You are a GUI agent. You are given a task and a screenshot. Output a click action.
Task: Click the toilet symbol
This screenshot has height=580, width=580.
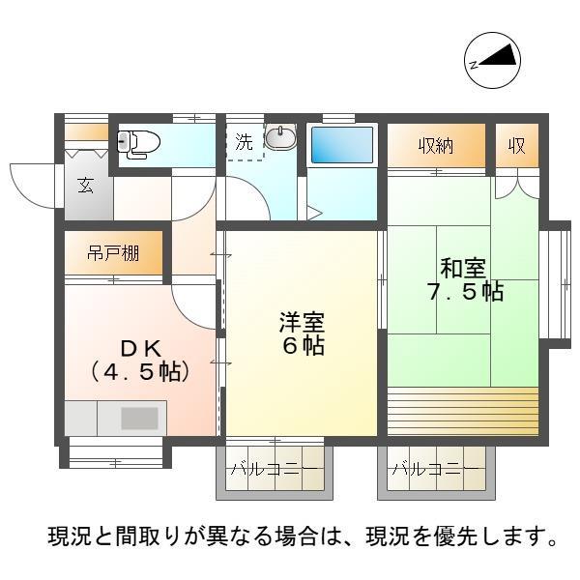pos(139,143)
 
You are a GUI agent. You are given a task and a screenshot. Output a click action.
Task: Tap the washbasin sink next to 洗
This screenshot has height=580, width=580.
pos(279,139)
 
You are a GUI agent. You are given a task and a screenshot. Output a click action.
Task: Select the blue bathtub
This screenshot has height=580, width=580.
pos(341,146)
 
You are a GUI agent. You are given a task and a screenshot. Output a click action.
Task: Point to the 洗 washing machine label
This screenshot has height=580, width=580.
pos(246,140)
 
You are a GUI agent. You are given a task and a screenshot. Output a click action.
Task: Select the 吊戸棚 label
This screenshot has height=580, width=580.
pos(113,254)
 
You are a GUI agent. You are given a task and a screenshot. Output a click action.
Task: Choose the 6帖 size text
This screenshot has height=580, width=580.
pos(302,346)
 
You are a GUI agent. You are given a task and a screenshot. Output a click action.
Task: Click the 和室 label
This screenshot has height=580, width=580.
pos(464,267)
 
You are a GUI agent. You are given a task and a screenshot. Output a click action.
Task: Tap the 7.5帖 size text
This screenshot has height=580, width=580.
pos(464,292)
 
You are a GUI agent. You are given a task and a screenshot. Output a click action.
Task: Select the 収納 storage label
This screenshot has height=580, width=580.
pos(436,147)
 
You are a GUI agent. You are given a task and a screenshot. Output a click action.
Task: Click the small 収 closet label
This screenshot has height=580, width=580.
pos(517,147)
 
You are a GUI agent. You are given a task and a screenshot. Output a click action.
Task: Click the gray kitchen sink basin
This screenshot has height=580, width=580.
pos(139,419)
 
